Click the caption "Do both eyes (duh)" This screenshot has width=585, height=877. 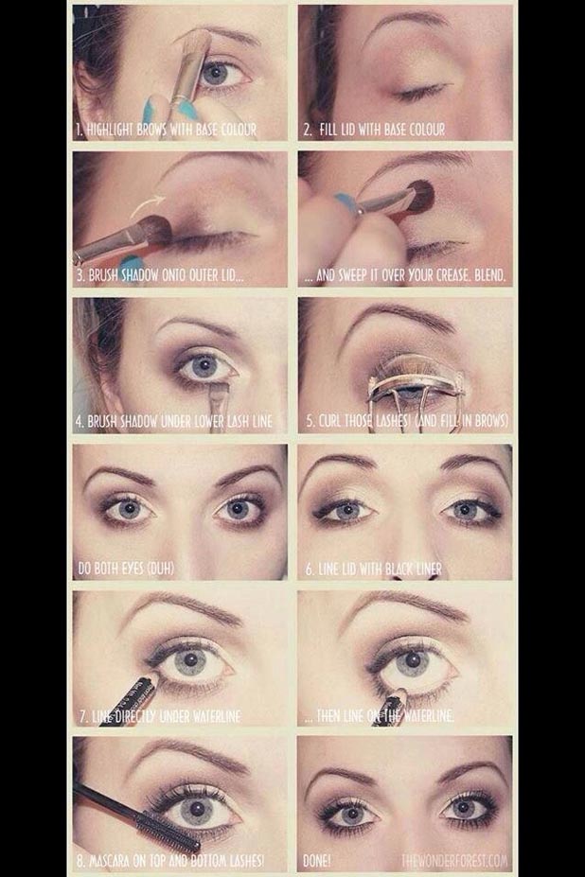pyautogui.click(x=127, y=569)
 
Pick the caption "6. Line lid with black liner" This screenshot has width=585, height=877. pyautogui.click(x=373, y=569)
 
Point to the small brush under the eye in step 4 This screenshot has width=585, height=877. pyautogui.click(x=221, y=392)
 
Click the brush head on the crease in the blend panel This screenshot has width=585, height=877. pyautogui.click(x=419, y=197)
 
